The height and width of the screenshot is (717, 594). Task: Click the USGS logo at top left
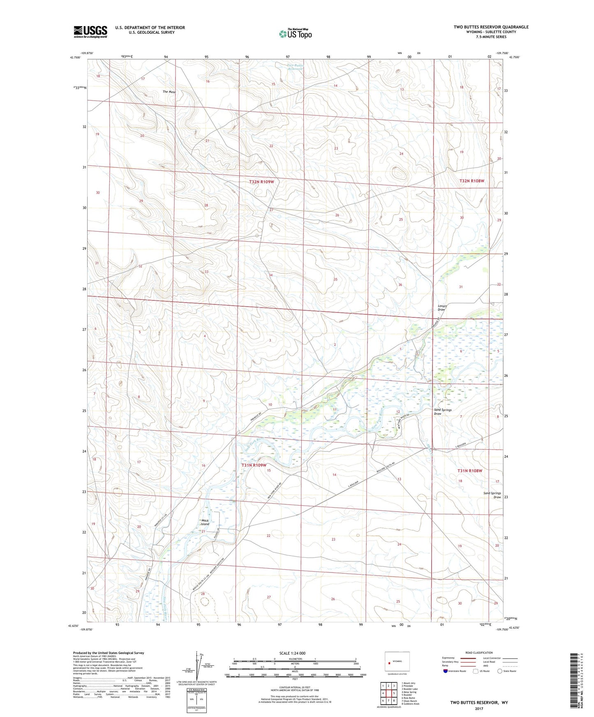(x=90, y=32)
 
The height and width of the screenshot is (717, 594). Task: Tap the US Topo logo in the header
(x=295, y=34)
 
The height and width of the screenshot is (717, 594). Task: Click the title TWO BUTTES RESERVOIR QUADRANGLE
(x=491, y=27)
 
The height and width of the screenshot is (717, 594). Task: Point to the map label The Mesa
(x=169, y=92)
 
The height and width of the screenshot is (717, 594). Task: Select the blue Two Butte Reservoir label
(x=295, y=67)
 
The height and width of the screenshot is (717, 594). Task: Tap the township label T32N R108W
(x=472, y=181)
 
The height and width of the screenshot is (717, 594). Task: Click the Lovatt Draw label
(x=442, y=308)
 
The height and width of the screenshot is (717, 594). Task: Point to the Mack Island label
(x=205, y=522)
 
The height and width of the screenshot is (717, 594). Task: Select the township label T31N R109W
(x=254, y=465)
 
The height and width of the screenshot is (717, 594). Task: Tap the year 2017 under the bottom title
(x=479, y=708)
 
